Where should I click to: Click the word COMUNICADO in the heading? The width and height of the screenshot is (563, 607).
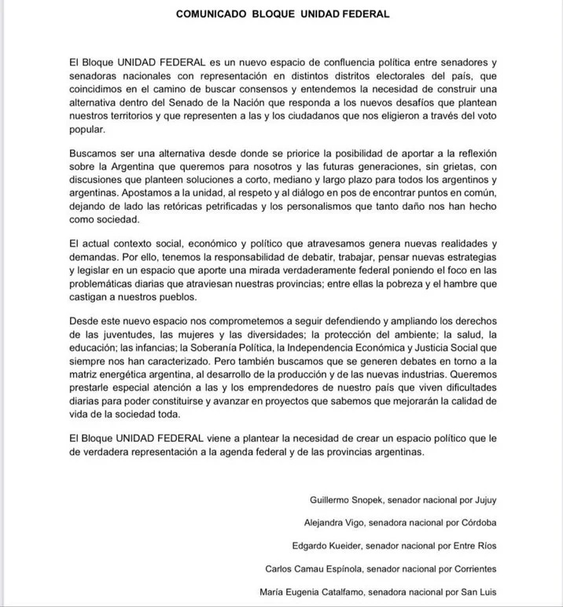tap(210, 14)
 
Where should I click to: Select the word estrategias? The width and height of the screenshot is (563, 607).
tap(467, 256)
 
